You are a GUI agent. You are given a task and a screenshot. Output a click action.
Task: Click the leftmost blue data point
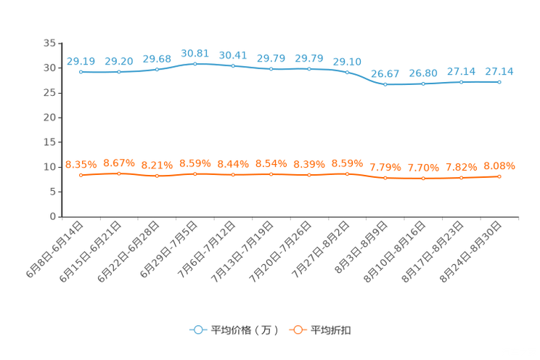point(81,72)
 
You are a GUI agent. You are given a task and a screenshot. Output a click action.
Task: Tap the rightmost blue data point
point(499,81)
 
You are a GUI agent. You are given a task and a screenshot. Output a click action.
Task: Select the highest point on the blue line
point(195,64)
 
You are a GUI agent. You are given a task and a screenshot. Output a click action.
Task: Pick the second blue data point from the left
point(118,71)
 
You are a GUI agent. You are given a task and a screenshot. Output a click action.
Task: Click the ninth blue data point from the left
point(385,84)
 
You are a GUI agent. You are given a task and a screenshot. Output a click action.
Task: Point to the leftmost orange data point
point(81,175)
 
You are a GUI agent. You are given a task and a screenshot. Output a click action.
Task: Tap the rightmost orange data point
point(499,176)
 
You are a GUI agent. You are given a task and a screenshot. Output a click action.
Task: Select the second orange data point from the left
point(118,173)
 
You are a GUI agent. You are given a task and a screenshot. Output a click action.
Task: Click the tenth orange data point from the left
point(423,178)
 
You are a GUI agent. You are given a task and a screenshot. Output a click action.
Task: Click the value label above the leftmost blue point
point(81,61)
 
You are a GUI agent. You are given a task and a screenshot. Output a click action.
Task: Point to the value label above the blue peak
point(195,53)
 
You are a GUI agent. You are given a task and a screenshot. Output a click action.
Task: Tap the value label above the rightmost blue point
point(499,70)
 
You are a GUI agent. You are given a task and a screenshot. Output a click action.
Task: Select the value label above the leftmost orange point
point(81,165)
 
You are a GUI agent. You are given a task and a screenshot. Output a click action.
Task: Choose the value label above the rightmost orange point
point(499,165)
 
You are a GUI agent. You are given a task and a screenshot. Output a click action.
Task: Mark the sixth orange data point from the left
point(271,174)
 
